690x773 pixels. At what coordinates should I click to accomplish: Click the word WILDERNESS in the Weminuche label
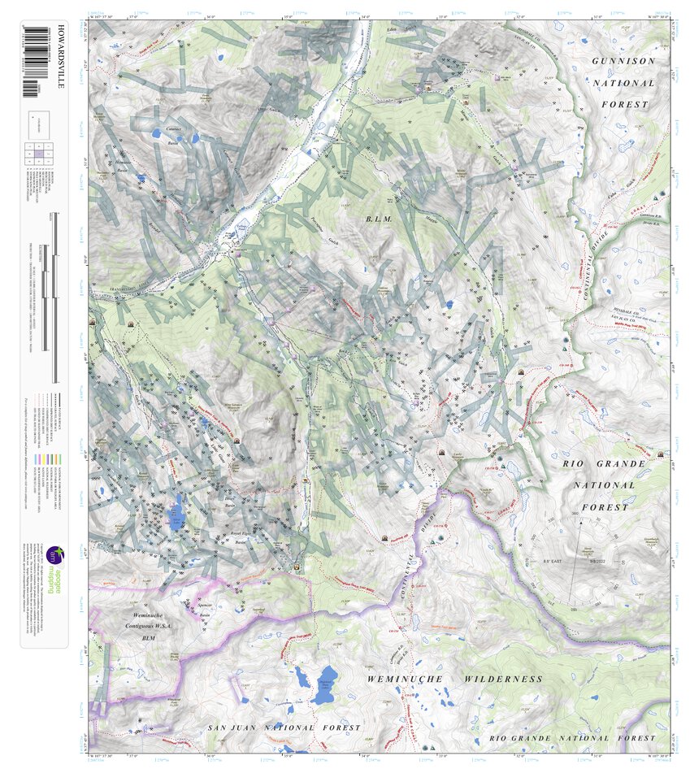pos(503,679)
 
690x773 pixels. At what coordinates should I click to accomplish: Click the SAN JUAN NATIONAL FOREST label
pos(284,728)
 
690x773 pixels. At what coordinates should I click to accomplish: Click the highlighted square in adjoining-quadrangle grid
pos(38,152)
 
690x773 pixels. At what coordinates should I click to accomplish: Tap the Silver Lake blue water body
pos(175,515)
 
